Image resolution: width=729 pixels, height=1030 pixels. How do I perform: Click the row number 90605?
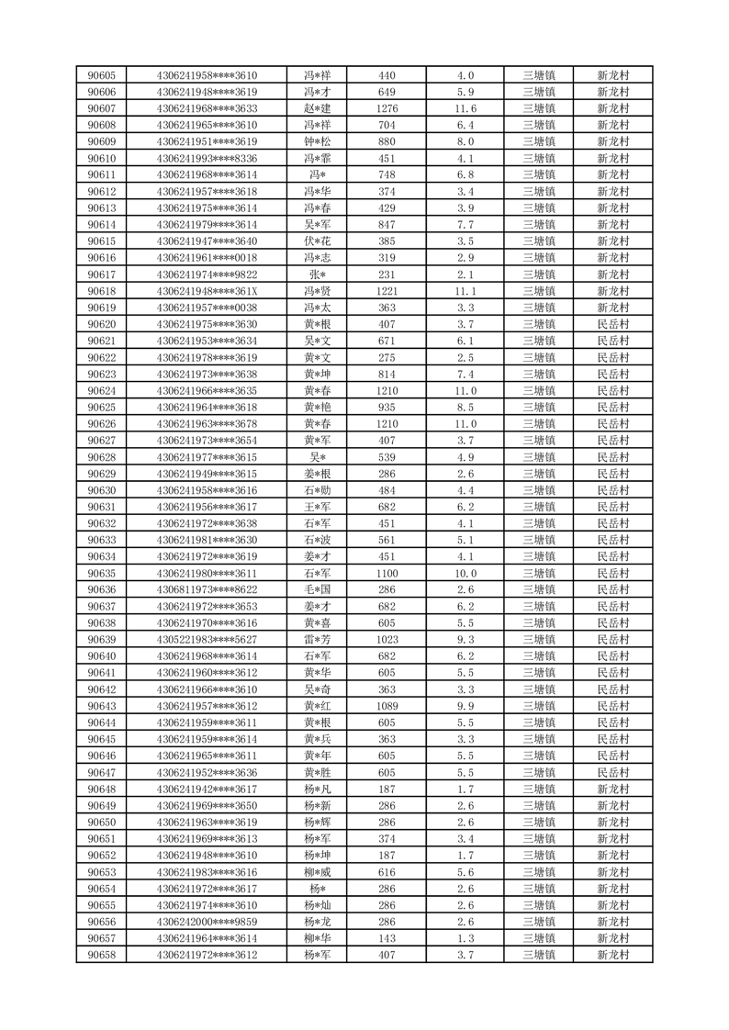101,75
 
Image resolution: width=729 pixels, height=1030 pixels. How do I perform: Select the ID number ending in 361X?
207,291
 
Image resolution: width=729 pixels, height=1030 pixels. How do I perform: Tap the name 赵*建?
317,108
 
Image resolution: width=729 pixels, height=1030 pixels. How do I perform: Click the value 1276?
387,108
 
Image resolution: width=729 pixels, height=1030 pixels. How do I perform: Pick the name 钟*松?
317,141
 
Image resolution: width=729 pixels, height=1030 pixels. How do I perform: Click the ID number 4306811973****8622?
207,589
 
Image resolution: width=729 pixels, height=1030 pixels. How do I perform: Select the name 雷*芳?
317,640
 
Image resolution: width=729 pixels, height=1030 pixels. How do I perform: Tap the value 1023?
387,640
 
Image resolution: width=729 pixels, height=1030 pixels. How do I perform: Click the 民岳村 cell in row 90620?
612,324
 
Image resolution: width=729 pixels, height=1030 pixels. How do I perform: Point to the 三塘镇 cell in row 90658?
538,955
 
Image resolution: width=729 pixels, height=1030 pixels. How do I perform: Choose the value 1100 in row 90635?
387,573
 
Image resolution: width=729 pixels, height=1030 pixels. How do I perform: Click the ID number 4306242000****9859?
207,922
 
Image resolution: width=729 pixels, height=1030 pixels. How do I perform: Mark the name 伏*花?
317,241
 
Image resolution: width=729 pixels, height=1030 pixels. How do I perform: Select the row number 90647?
101,772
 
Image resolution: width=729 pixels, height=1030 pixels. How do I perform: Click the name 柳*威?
317,872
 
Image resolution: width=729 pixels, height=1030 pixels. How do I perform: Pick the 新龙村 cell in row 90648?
612,789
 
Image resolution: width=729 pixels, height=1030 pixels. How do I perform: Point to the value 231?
387,274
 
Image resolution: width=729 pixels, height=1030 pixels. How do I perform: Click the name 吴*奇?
317,689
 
